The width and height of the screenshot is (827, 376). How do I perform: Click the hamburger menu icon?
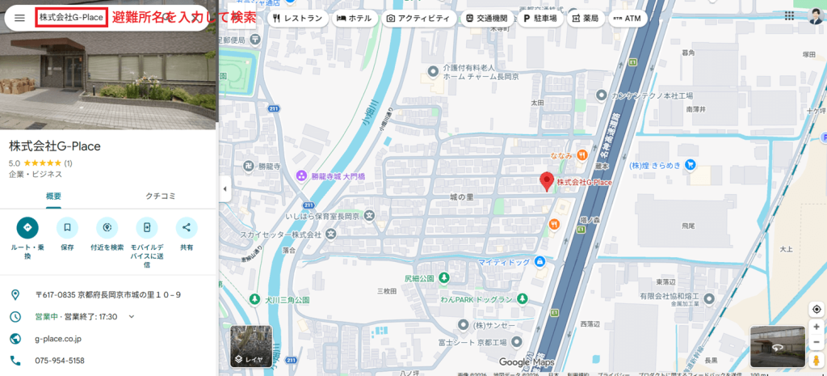coord(19,18)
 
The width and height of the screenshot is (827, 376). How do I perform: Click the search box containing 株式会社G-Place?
coord(71,18)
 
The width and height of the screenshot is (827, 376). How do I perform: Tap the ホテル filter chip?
coord(355,18)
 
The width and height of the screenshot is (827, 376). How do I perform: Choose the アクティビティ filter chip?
coord(418,18)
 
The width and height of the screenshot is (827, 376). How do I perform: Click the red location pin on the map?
coord(547,181)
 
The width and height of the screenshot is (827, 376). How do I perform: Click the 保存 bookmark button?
coord(67,227)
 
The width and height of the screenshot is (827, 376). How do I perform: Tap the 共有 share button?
coord(187,227)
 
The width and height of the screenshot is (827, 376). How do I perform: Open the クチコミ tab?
coord(161,196)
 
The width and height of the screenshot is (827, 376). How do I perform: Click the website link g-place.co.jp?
coord(58,339)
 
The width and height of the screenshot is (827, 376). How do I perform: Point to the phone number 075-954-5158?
coord(60,361)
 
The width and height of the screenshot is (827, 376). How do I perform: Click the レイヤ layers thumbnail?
coord(251,346)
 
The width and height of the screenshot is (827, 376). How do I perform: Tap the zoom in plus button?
coord(817,326)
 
